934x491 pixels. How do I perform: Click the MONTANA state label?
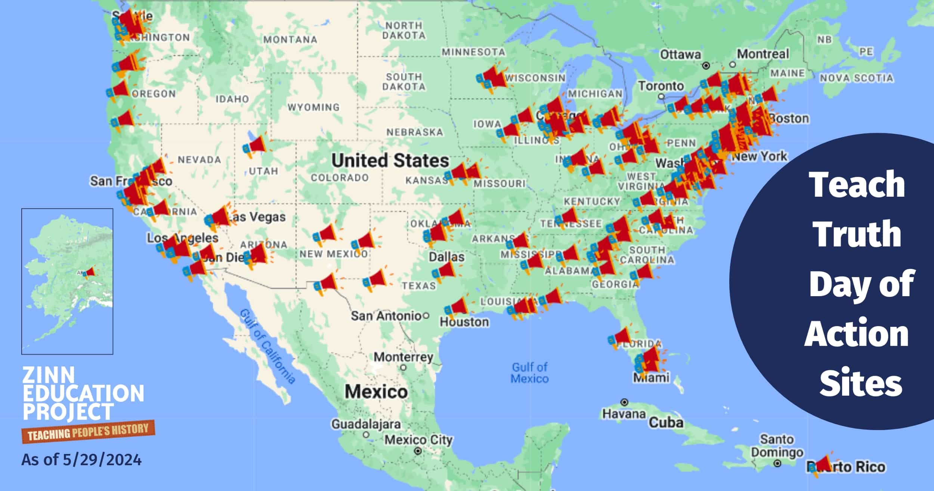click(290, 39)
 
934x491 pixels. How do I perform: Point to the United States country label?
click(390, 160)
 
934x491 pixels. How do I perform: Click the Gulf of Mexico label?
click(529, 373)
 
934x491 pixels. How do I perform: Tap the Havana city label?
click(624, 414)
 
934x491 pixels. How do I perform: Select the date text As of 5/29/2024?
click(81, 460)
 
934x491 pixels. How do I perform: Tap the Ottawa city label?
click(680, 55)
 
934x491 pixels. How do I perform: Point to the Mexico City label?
click(418, 440)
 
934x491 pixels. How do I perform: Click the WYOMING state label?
click(313, 107)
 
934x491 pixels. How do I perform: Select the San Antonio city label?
click(386, 316)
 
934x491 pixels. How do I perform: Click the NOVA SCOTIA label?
click(856, 78)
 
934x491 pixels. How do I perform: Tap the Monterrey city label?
click(403, 357)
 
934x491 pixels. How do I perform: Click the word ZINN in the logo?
click(49, 374)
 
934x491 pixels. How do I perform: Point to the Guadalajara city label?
click(366, 424)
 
